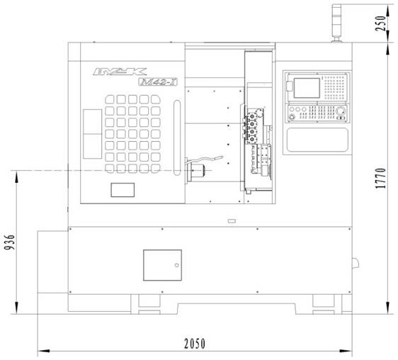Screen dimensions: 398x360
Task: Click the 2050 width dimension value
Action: (x=195, y=344)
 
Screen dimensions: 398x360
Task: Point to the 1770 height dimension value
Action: (x=381, y=178)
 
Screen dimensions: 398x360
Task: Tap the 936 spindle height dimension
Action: (x=10, y=242)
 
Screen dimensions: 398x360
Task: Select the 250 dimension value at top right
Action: (x=381, y=23)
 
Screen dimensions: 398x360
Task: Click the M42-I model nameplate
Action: (x=158, y=81)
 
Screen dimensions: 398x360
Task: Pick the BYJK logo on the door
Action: (x=120, y=72)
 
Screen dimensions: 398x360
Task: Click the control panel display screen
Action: (x=307, y=88)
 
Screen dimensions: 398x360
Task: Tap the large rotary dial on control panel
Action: (x=341, y=111)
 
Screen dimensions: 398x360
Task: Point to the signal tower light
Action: (x=336, y=23)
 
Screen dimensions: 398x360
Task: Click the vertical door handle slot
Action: (x=177, y=137)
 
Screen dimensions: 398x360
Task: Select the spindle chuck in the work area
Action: (x=195, y=171)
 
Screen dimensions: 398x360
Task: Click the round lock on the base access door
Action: (x=177, y=265)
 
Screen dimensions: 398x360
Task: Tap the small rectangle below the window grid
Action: (x=123, y=190)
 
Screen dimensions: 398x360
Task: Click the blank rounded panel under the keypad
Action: (x=317, y=140)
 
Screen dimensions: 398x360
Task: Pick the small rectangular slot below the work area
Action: (x=232, y=221)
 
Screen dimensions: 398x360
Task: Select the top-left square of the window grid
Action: (x=110, y=99)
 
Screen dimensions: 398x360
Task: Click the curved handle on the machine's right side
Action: (x=356, y=263)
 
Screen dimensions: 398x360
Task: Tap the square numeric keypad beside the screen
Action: (x=335, y=88)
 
